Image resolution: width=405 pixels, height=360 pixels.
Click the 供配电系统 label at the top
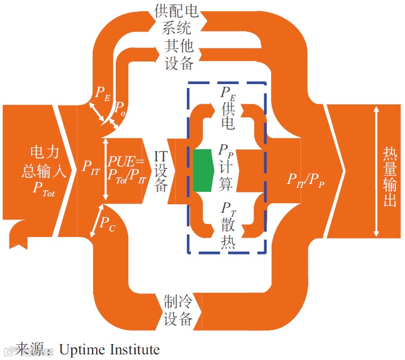(178, 19)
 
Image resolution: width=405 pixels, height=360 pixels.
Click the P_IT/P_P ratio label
(305, 180)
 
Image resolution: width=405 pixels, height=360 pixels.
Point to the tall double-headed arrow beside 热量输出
(376, 172)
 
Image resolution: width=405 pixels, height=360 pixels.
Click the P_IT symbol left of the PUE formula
(90, 167)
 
